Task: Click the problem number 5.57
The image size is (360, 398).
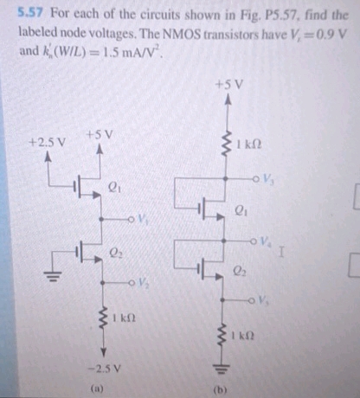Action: (31, 14)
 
